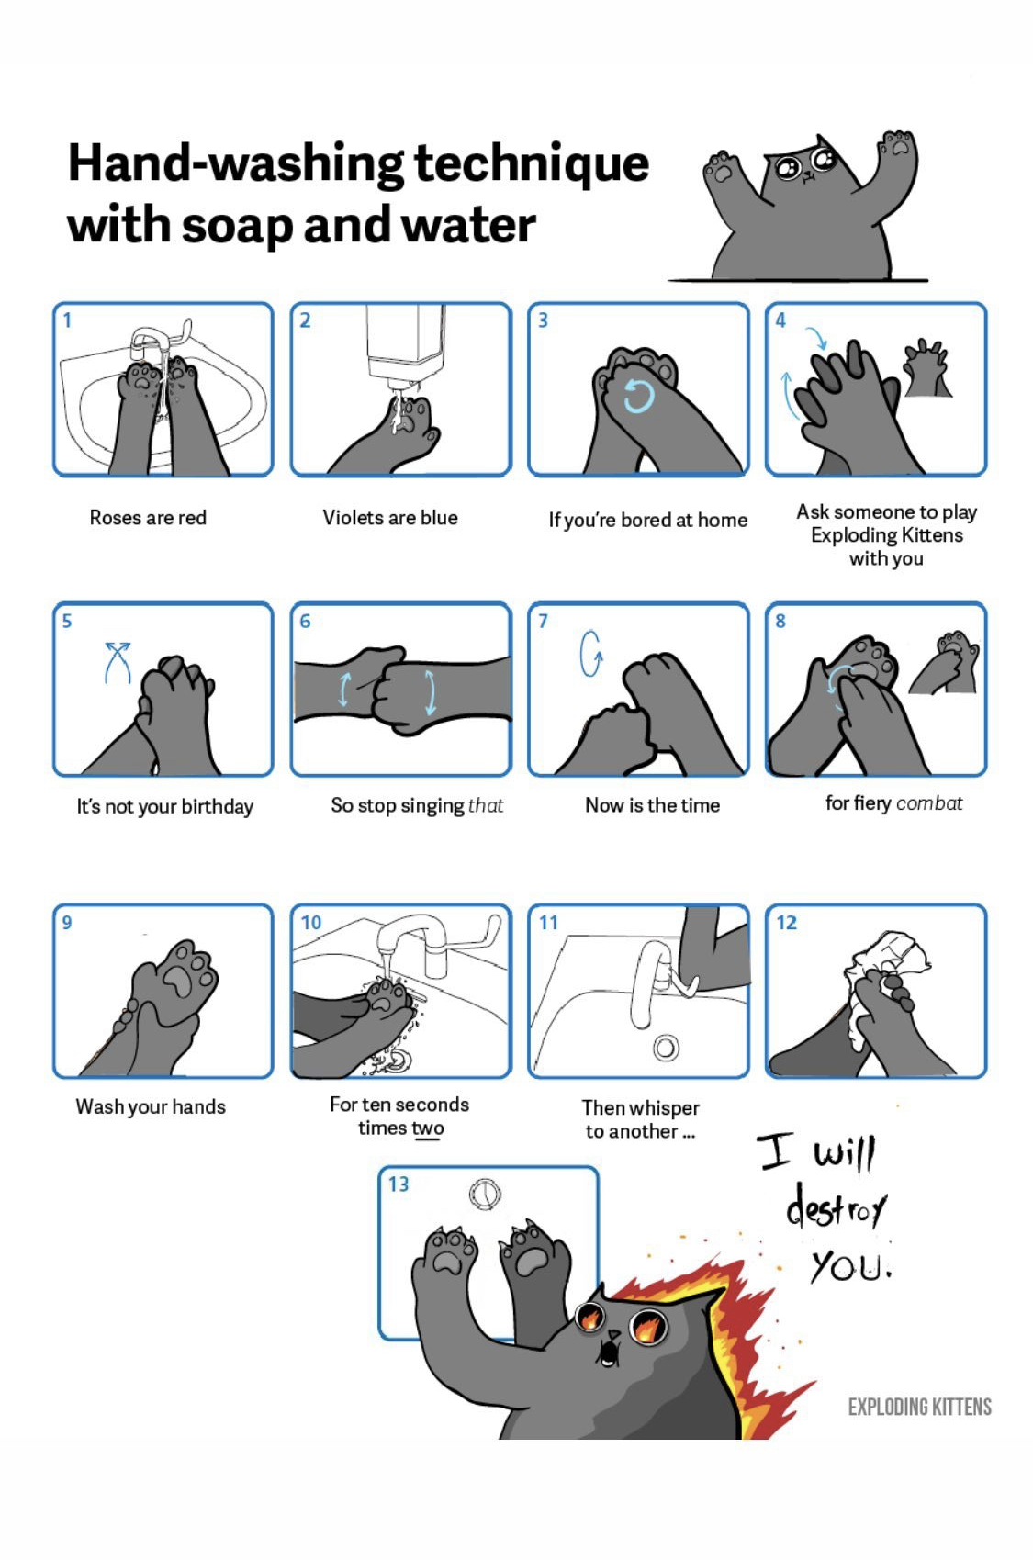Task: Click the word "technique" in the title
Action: (532, 164)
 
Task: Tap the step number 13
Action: (399, 1184)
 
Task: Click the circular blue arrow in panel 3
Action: (639, 397)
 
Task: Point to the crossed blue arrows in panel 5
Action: (118, 662)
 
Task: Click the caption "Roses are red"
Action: (148, 518)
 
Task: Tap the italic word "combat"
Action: (929, 803)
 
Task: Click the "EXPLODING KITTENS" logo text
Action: (919, 1407)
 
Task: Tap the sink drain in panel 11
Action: (666, 1048)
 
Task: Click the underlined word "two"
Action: (428, 1128)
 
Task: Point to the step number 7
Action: (543, 621)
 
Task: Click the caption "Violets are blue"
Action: (390, 518)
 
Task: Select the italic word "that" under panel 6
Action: (486, 805)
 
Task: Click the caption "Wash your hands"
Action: (151, 1106)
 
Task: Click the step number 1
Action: (67, 320)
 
